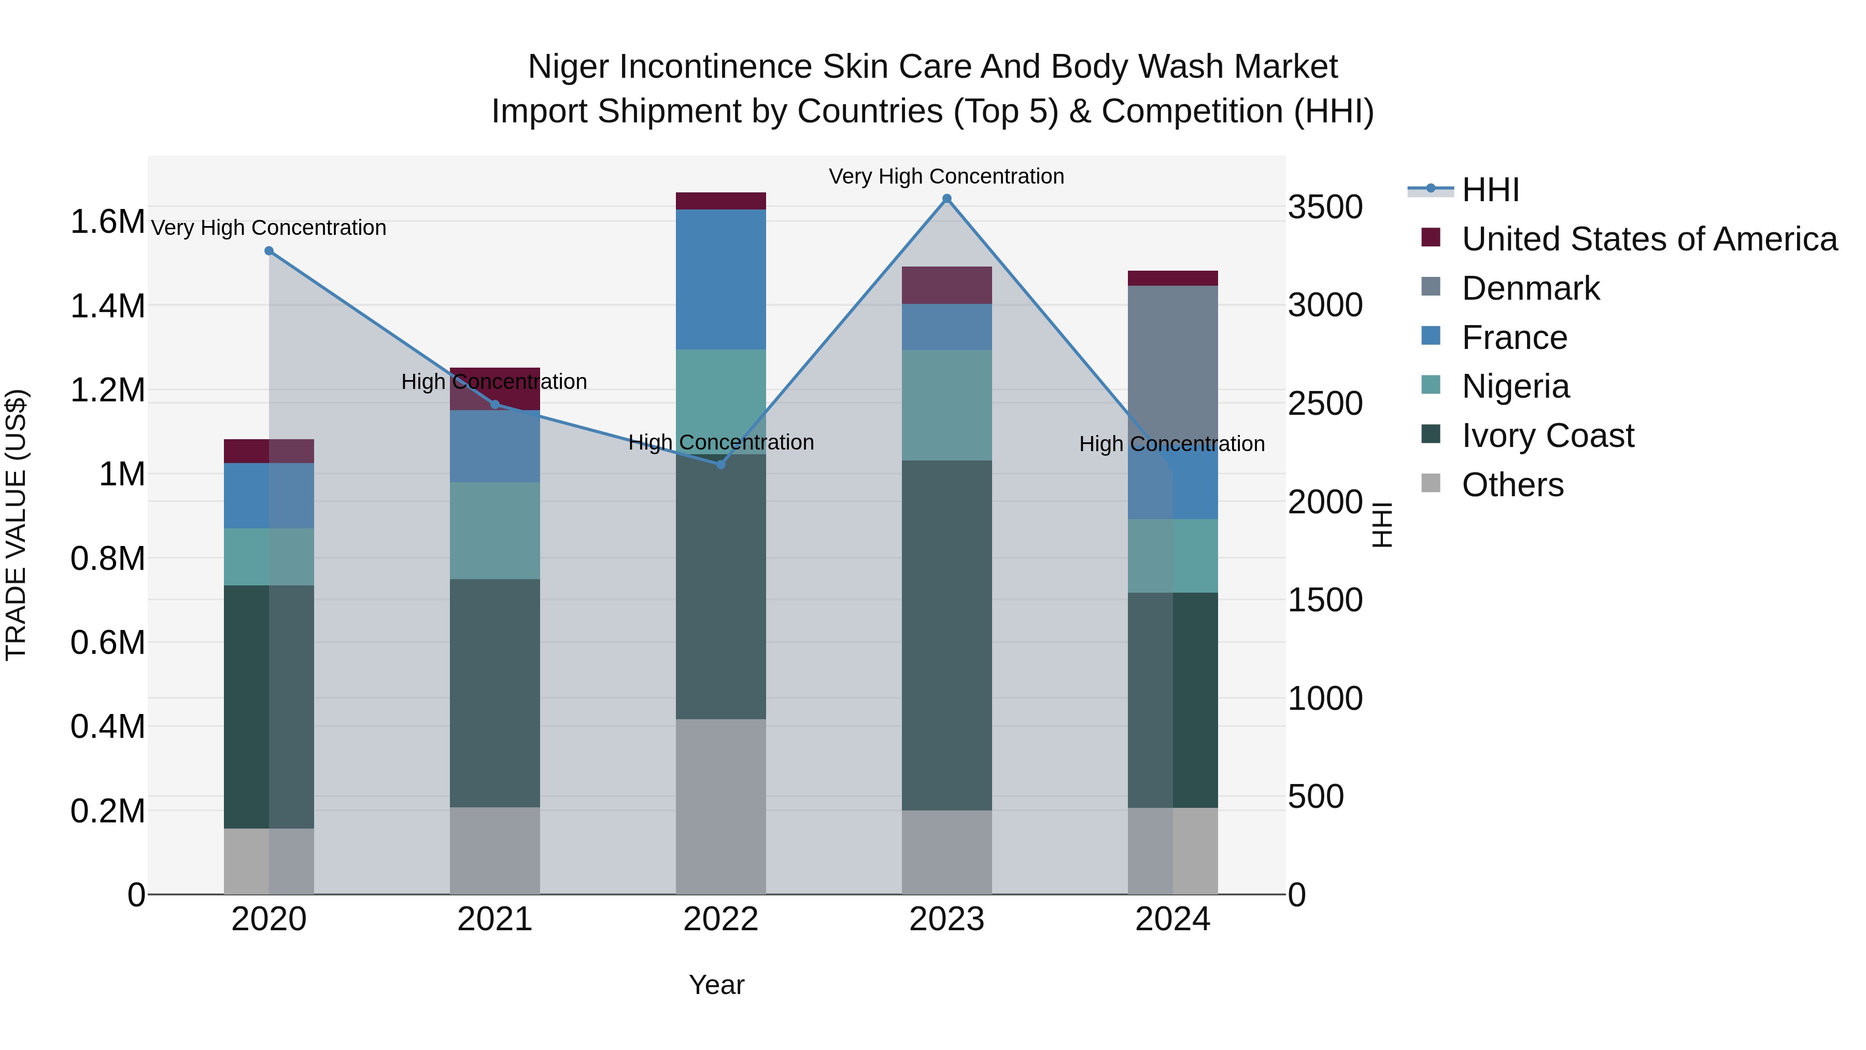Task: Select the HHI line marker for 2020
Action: click(x=268, y=251)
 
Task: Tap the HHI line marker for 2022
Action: click(x=721, y=465)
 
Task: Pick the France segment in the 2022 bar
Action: click(x=721, y=279)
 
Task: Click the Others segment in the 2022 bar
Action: click(x=721, y=806)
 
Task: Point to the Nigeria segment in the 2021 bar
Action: click(x=495, y=530)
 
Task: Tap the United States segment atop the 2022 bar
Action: click(x=721, y=201)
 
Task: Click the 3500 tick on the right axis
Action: click(x=1325, y=207)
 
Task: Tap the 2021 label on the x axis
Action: click(x=495, y=919)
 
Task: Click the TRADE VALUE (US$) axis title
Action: click(x=16, y=525)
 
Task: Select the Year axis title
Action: click(x=716, y=985)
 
